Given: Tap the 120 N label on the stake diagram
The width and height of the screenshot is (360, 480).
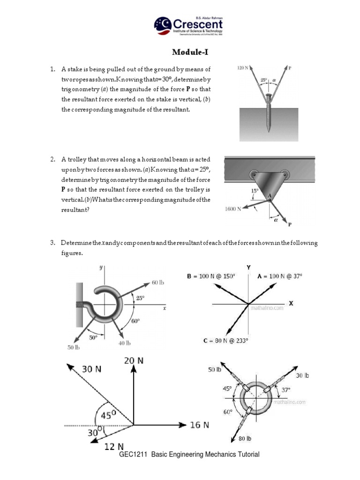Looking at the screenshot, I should tap(243, 68).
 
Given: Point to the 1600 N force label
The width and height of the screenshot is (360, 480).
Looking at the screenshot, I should tap(232, 209).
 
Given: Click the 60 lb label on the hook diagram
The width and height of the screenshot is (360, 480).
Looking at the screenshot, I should tap(158, 283).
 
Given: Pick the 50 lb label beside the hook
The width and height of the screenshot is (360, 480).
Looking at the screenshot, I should tap(74, 347).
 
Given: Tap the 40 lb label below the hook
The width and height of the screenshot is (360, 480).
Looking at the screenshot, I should tap(124, 343).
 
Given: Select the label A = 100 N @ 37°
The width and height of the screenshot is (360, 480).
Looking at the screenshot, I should tap(280, 277).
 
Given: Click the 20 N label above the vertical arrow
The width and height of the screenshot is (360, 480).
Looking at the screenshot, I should tap(134, 360).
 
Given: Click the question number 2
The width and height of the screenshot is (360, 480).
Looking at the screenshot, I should tap(53, 159).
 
